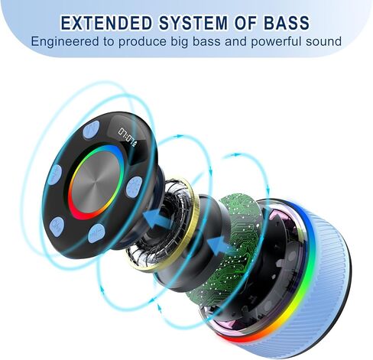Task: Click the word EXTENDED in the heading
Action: [107, 23]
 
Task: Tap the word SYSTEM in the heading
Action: [193, 23]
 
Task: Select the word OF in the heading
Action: [246, 23]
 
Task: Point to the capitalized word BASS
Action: [287, 23]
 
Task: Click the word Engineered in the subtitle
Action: [65, 42]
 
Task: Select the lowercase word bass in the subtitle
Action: [206, 41]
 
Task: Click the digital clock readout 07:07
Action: [127, 136]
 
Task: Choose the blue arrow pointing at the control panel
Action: [157, 218]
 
